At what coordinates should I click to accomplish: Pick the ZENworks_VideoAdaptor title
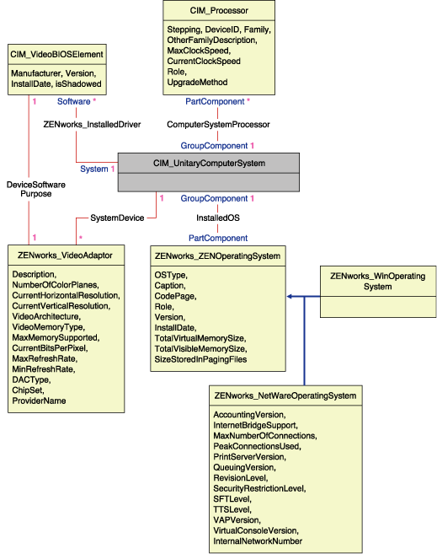[65, 254]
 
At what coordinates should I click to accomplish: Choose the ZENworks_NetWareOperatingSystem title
[285, 395]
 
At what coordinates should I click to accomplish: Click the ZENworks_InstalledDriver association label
[92, 124]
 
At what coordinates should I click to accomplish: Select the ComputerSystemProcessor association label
[218, 124]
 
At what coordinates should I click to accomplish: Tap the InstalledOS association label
[217, 218]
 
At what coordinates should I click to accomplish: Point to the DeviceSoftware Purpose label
[29, 188]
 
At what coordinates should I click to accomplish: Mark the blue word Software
[72, 101]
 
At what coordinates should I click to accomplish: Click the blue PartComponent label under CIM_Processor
[214, 101]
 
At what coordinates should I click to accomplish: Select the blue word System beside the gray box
[93, 169]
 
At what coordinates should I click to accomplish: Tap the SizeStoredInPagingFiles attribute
[200, 359]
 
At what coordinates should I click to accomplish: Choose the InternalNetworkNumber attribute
[258, 541]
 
